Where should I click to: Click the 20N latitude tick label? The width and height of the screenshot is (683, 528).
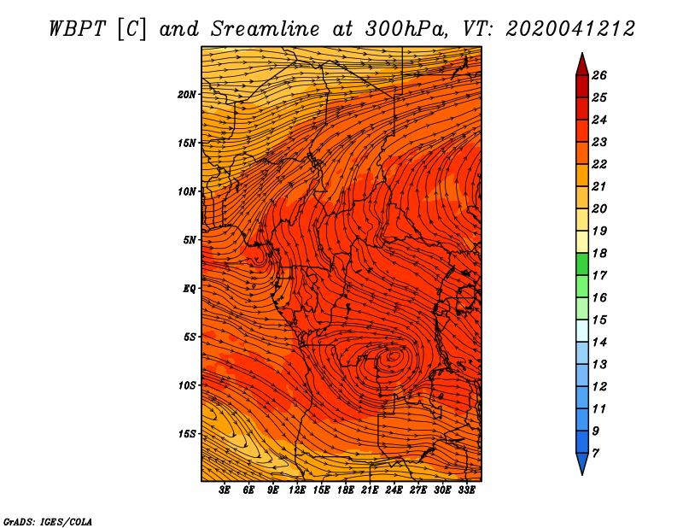[x=186, y=95]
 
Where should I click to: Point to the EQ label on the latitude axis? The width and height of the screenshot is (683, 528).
[x=189, y=289]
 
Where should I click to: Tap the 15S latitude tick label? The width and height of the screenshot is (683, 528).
[x=187, y=434]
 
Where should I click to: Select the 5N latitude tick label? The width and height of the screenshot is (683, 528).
[x=190, y=240]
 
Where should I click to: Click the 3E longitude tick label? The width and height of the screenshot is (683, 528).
[x=225, y=490]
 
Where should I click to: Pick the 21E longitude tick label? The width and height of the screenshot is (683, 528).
[x=370, y=490]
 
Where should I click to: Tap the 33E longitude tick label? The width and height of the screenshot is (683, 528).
[x=466, y=490]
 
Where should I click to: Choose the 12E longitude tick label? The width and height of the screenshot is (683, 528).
[x=296, y=490]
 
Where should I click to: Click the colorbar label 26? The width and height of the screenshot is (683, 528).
[x=599, y=75]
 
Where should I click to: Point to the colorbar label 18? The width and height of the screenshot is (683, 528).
[x=599, y=253]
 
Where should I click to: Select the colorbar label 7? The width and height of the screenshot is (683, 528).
[x=595, y=454]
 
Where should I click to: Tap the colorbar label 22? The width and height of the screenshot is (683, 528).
[x=599, y=164]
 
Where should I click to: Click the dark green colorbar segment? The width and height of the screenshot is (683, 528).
[x=582, y=264]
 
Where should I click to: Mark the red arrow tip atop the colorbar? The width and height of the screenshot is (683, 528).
[x=582, y=53]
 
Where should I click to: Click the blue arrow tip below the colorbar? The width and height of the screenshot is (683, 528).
[x=582, y=474]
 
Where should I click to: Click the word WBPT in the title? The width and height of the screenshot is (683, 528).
[x=77, y=29]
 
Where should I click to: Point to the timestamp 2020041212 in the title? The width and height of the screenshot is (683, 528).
[x=570, y=29]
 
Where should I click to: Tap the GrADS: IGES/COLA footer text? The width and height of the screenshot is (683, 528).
[x=48, y=522]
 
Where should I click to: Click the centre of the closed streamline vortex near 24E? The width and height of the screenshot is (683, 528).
[x=394, y=355]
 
